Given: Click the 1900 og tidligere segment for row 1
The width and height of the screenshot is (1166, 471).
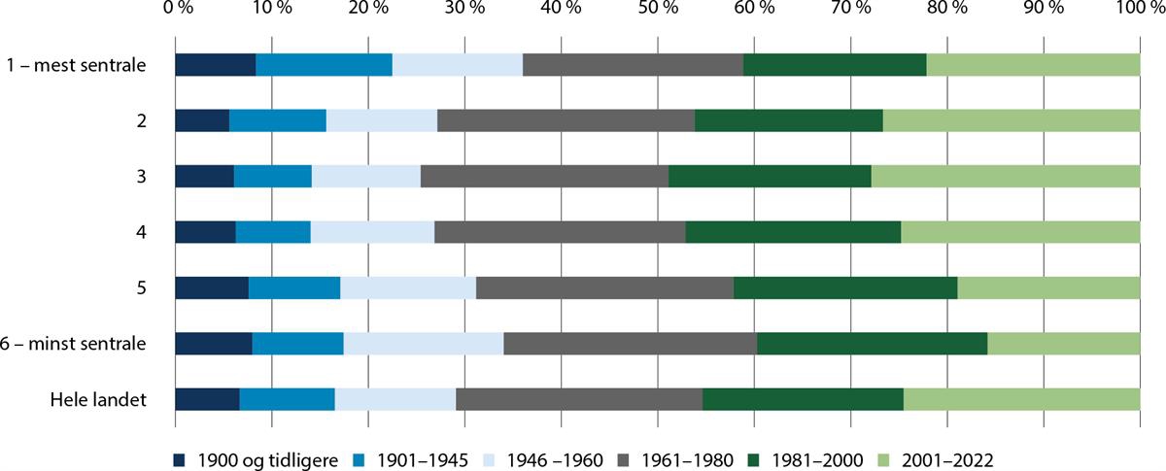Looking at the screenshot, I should [215, 65].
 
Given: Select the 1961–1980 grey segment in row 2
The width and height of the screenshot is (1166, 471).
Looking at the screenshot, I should [566, 121].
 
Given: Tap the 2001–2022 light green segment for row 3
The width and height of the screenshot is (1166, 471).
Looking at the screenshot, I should [1005, 177].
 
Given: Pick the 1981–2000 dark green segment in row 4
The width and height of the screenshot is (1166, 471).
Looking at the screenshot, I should [793, 233].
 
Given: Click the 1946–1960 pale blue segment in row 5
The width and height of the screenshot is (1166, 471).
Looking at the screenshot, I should [408, 288].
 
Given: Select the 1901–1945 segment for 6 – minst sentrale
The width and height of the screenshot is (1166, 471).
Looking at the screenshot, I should [297, 344].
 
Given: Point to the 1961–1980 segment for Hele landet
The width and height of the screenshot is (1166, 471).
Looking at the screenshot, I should [579, 400].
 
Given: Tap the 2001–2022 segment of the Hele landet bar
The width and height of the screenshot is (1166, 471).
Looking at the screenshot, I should [1021, 400].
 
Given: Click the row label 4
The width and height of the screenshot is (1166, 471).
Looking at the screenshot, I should [141, 233].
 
